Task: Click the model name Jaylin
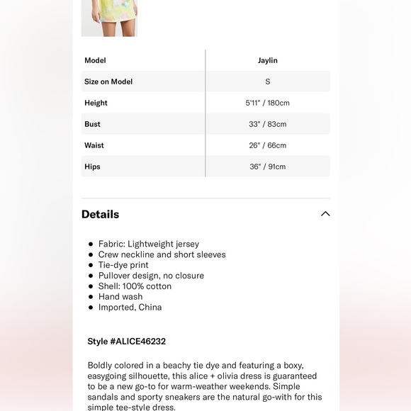(x=267, y=60)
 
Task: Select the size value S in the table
(x=267, y=81)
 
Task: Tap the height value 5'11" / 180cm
(x=267, y=103)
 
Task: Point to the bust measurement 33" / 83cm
(x=267, y=124)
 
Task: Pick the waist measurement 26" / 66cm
(x=267, y=145)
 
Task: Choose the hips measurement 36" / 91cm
(x=267, y=167)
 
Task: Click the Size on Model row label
(x=108, y=81)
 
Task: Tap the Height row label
(x=96, y=103)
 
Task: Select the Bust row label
(x=92, y=124)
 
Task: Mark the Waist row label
(x=94, y=145)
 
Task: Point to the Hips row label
(x=92, y=167)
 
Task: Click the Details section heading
(x=100, y=214)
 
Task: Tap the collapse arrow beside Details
(x=325, y=214)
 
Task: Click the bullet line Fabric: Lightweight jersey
(x=149, y=244)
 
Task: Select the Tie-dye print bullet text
(x=123, y=265)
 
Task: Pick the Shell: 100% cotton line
(x=135, y=286)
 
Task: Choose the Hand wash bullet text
(x=120, y=297)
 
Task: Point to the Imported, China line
(x=130, y=308)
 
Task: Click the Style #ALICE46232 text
(x=127, y=342)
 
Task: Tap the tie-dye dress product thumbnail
(x=109, y=18)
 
